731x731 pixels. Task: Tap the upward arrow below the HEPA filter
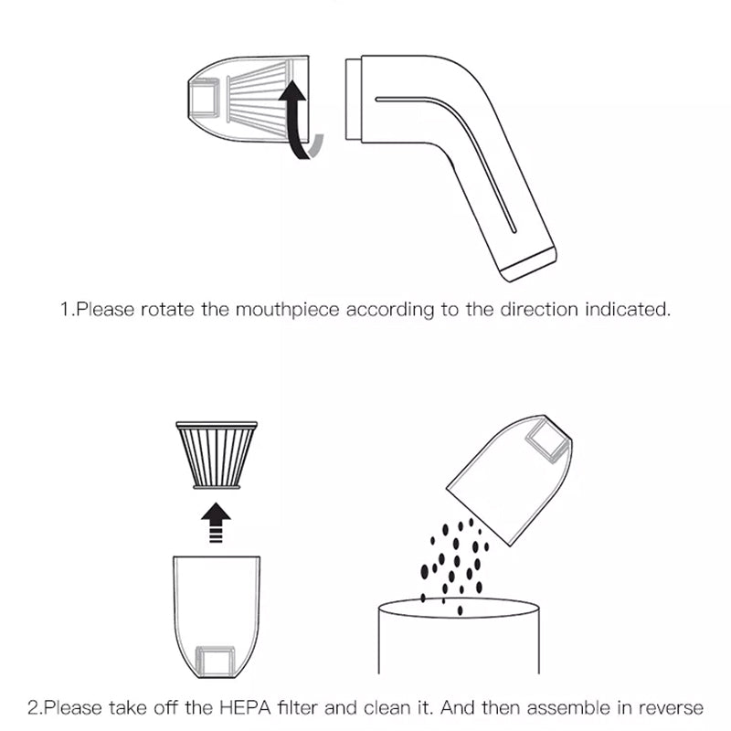(x=216, y=523)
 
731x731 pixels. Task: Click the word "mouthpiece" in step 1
(x=287, y=310)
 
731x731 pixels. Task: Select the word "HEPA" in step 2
(x=245, y=707)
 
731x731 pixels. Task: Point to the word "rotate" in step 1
(x=167, y=310)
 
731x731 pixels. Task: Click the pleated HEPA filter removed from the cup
(x=217, y=455)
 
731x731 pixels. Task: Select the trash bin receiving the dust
(x=459, y=636)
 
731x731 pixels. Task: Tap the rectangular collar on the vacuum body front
(x=354, y=100)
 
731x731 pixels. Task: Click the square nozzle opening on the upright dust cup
(x=215, y=661)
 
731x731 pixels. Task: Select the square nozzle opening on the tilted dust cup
(x=547, y=440)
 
